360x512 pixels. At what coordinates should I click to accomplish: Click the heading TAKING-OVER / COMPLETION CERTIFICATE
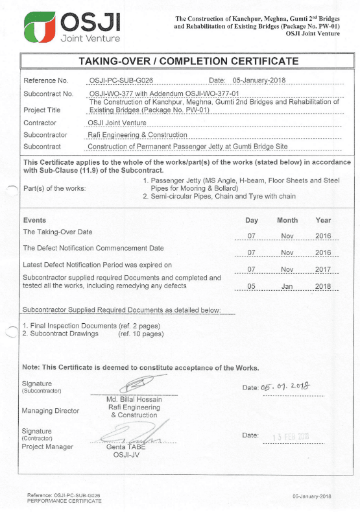tap(188, 62)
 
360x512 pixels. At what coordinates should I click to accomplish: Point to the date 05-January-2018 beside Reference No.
tap(259, 81)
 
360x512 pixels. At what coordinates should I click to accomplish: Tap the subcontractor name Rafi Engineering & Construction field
tap(138, 135)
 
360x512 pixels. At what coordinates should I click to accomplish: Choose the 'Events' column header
tap(34, 220)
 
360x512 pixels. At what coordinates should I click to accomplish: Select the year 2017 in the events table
tap(322, 269)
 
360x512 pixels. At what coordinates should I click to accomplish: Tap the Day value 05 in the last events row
tap(252, 286)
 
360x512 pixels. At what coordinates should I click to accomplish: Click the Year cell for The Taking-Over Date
tap(322, 236)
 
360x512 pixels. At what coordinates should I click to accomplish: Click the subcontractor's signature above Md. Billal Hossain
tap(134, 384)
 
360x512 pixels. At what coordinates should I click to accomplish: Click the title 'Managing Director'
tap(51, 411)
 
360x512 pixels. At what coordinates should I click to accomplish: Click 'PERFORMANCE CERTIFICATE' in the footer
tap(64, 501)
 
